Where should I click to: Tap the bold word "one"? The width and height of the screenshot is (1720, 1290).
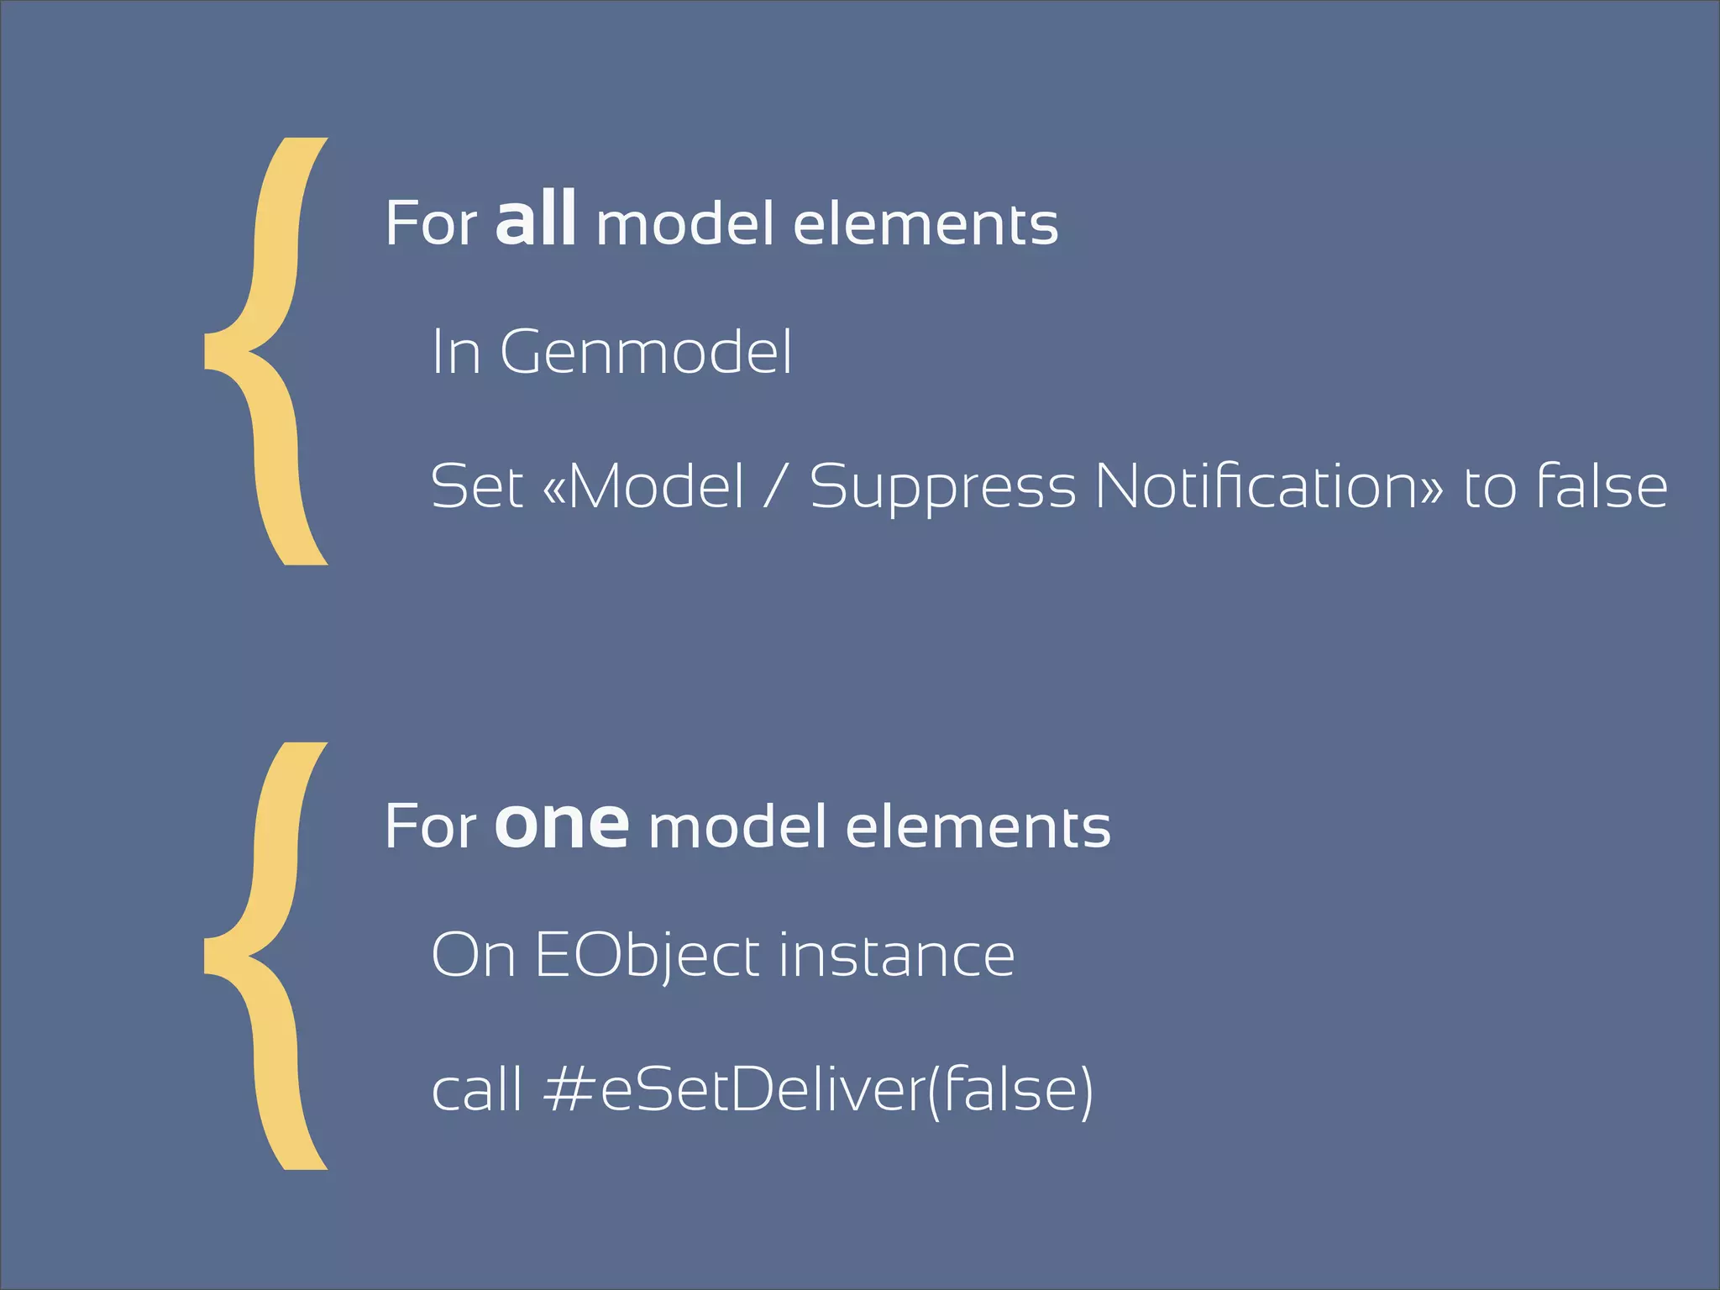click(x=562, y=824)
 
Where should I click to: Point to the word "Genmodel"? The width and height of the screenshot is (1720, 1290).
click(x=646, y=352)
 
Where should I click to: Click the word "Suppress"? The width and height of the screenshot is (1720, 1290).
click(x=942, y=488)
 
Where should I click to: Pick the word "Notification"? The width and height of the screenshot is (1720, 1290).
click(x=1269, y=486)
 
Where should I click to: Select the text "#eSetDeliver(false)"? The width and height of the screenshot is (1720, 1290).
click(x=819, y=1089)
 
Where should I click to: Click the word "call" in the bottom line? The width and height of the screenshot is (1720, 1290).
click(x=476, y=1089)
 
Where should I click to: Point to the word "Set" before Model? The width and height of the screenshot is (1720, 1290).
click(x=476, y=486)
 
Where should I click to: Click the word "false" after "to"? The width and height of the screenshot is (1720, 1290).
click(x=1601, y=486)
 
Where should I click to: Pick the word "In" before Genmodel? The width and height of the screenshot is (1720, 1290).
click(x=456, y=352)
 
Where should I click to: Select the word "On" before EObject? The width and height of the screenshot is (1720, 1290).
click(x=473, y=957)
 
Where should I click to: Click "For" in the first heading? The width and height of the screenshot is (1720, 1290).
click(x=431, y=224)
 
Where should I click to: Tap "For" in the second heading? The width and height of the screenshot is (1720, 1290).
click(x=431, y=827)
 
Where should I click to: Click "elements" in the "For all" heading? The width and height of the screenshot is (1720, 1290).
click(x=926, y=224)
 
